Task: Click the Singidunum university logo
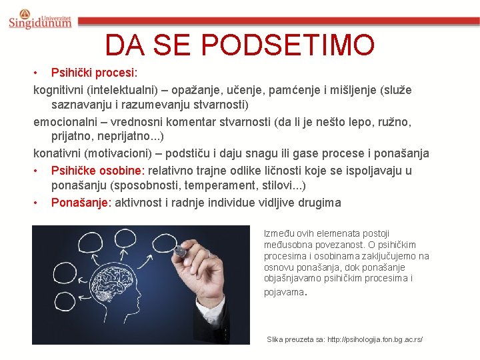[39, 19]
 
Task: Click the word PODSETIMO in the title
[288, 45]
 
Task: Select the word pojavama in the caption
[283, 291]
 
